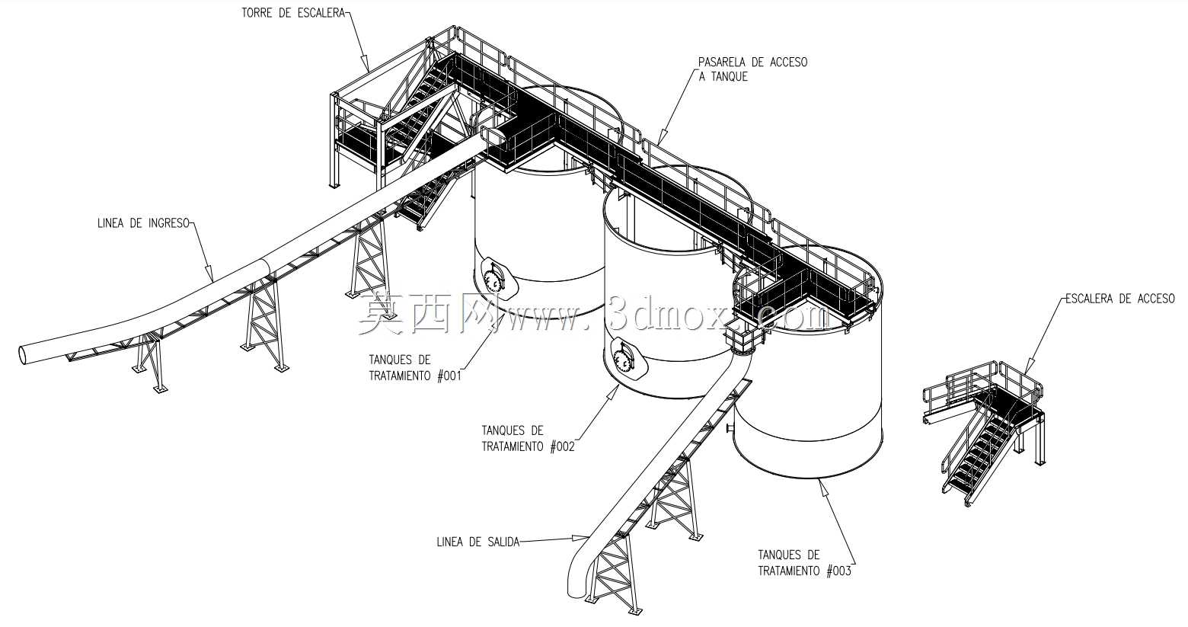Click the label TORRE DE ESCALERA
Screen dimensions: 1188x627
click(x=292, y=13)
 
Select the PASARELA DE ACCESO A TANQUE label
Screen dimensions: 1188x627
click(x=752, y=69)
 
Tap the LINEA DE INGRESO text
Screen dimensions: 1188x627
click(x=143, y=223)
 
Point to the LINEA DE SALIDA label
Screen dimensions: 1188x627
click(x=477, y=542)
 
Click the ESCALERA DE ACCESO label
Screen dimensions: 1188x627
click(x=1119, y=299)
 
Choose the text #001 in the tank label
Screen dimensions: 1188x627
click(x=449, y=376)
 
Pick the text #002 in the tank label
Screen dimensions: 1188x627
click(x=562, y=446)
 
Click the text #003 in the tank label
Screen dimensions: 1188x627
click(x=838, y=571)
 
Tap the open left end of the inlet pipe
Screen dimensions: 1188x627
click(x=24, y=354)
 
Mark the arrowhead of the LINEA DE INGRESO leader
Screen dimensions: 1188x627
click(x=209, y=275)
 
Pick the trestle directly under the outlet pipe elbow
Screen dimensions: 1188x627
click(x=614, y=574)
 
